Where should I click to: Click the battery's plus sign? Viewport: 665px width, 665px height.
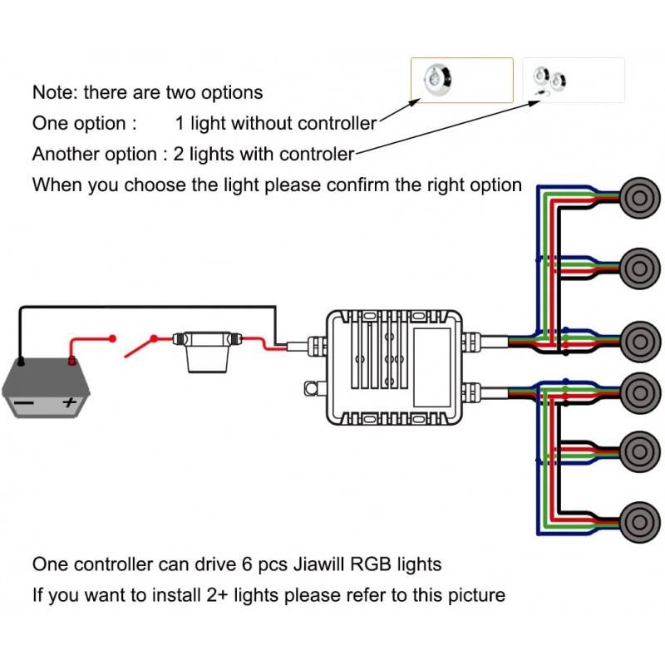tap(70, 402)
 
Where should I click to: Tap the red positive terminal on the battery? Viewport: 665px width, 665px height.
tap(72, 361)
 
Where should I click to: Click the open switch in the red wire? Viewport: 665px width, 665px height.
tap(136, 342)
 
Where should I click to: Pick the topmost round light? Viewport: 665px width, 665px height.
tap(638, 196)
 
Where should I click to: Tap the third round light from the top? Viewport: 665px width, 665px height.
tap(638, 339)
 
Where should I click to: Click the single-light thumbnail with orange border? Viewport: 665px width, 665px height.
tap(462, 80)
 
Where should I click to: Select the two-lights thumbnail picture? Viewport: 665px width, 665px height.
tap(573, 80)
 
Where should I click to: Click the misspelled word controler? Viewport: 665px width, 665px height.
tap(317, 154)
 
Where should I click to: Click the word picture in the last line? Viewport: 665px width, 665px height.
tap(475, 595)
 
